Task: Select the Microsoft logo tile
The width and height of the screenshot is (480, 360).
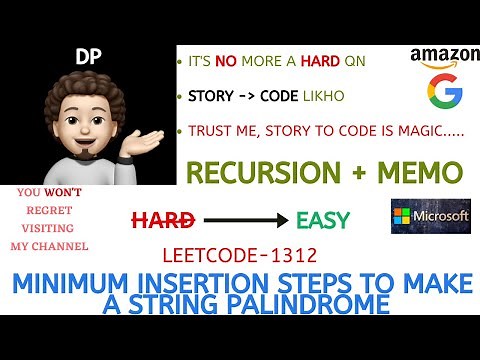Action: coord(430,216)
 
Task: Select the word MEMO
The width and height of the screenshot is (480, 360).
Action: coord(421,172)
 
